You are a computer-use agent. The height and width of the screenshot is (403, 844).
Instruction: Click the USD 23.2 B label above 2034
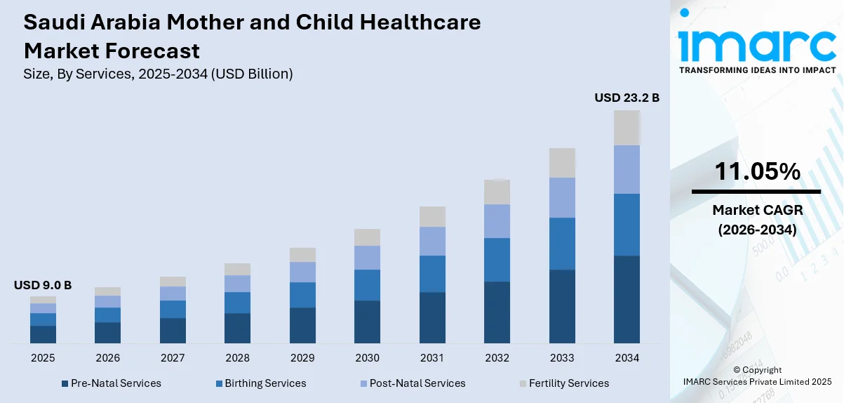pos(627,98)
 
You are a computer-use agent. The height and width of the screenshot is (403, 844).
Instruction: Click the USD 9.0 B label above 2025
pos(43,285)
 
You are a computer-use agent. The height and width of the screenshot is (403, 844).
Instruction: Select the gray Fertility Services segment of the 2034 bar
pos(627,128)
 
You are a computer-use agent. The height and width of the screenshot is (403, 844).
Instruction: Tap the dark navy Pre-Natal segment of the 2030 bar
pos(367,322)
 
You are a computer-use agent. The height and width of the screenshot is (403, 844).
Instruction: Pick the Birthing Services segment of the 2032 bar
pos(497,260)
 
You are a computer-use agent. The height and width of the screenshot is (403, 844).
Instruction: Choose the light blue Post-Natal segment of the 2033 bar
pos(562,197)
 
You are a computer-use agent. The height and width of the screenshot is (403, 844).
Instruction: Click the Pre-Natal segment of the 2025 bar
pos(43,334)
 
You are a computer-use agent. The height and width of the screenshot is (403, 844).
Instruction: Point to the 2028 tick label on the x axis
pos(237,358)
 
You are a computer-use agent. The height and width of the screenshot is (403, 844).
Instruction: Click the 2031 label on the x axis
pos(432,358)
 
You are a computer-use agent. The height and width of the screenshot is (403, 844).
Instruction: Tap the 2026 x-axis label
pos(107,358)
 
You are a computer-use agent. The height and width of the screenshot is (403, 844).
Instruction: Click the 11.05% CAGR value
pos(756,171)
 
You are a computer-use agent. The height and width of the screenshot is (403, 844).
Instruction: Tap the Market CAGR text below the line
pos(756,210)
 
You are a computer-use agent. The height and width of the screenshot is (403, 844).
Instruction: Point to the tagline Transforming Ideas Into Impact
pos(757,70)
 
